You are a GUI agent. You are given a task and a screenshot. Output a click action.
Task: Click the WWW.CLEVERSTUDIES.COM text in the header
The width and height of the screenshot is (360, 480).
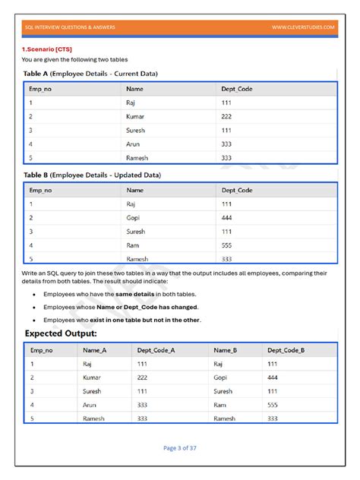coord(303,27)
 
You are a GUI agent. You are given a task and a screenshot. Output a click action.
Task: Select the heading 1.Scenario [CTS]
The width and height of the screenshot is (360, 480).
coord(47,49)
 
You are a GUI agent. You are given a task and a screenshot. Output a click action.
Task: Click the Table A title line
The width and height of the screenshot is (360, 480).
coord(90,74)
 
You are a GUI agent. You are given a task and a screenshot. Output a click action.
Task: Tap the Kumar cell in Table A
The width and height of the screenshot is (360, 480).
coord(136,116)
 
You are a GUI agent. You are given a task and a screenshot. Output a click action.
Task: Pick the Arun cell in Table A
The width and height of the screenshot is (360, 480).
coord(134,144)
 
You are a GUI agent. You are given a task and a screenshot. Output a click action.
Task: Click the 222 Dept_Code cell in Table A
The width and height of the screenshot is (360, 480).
coord(226,116)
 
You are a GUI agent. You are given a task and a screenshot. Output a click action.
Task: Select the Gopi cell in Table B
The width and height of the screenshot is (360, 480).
coord(134,217)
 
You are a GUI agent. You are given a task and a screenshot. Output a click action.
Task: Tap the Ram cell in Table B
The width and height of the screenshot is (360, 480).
coord(133,245)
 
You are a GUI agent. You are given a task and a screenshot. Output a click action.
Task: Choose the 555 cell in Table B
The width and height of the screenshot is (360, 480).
coord(226,245)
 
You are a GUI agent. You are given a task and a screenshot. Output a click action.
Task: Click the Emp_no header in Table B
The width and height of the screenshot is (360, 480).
coord(41,190)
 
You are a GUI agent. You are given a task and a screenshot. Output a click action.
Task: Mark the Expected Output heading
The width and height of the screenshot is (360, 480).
coord(61,333)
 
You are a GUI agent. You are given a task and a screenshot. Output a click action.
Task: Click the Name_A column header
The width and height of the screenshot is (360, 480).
coord(95,350)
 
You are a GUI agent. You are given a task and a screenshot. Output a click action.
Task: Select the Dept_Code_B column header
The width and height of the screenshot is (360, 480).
coord(286,350)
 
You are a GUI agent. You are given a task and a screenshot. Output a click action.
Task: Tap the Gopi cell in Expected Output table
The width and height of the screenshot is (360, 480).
coord(222,377)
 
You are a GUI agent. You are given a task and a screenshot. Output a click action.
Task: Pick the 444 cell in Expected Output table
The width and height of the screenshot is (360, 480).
coord(273,377)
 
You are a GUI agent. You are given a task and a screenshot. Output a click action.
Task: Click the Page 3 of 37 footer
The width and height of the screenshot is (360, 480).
coord(180,448)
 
